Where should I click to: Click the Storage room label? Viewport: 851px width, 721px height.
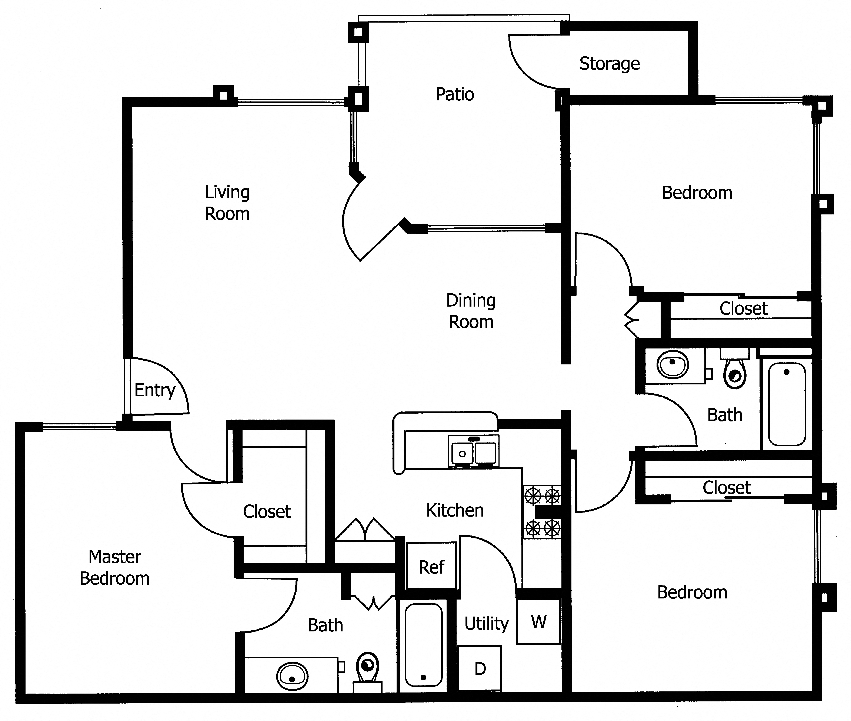tap(609, 64)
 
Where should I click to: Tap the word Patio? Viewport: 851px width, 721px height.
tap(454, 94)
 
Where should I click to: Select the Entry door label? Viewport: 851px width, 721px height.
tap(154, 390)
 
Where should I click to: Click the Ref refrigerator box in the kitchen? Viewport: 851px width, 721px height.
tap(431, 567)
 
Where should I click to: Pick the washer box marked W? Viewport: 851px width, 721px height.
tap(538, 622)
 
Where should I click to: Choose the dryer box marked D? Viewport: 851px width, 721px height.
tap(480, 669)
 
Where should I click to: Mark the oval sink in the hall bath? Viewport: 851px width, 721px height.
tap(672, 364)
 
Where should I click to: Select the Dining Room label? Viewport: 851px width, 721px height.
tap(471, 311)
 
